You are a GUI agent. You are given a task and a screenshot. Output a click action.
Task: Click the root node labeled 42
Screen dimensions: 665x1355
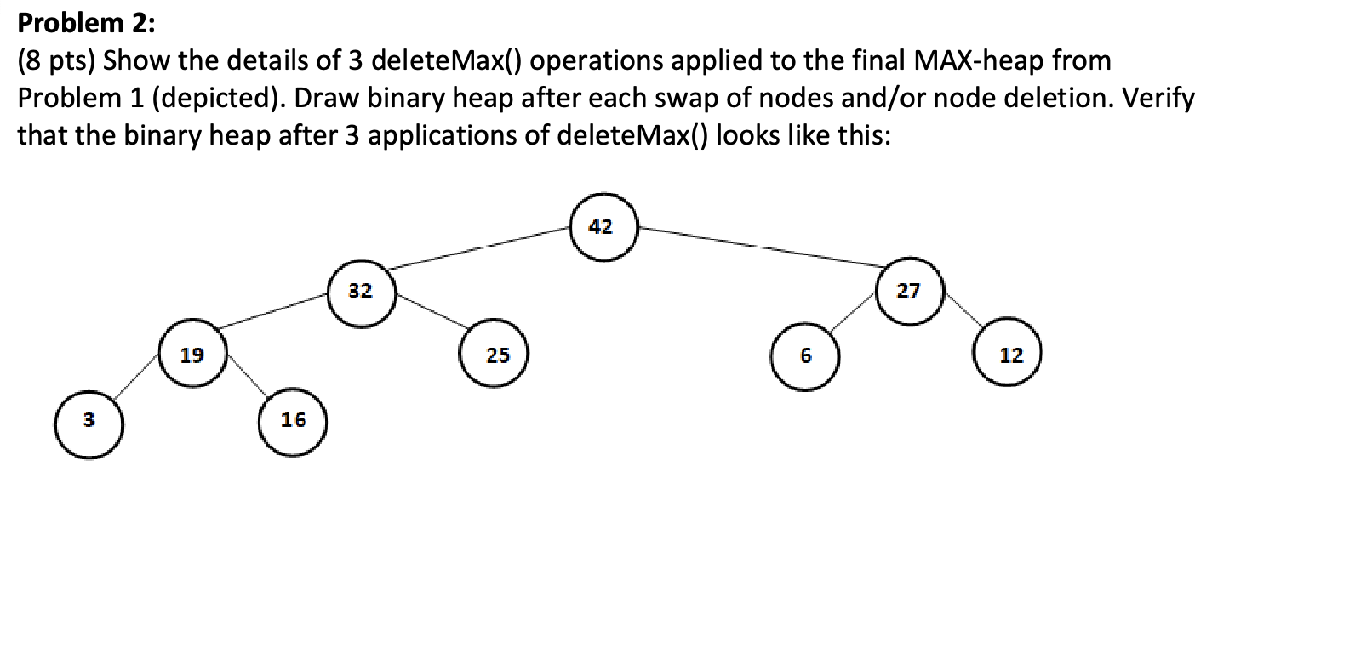click(x=603, y=226)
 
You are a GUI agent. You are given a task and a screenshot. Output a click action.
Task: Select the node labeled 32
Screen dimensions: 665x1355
click(x=361, y=292)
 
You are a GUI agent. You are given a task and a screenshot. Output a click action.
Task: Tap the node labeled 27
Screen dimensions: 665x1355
click(x=909, y=291)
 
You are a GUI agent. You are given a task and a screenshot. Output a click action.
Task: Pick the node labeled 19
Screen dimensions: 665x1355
click(x=192, y=355)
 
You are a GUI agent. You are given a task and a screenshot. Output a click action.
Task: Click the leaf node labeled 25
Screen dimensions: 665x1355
click(x=496, y=355)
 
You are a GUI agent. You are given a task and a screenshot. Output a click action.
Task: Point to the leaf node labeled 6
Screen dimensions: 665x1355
click(x=805, y=355)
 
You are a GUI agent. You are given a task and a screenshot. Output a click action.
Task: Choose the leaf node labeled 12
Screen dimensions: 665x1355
click(x=1009, y=355)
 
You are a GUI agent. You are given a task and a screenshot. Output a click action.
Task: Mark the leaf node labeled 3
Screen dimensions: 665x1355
click(x=89, y=421)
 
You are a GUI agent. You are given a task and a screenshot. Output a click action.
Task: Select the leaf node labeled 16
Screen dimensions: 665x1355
click(x=293, y=419)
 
